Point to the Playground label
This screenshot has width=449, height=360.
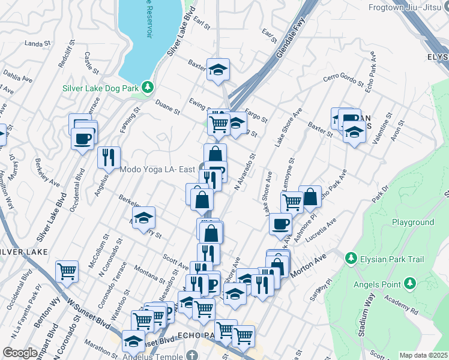click(x=413, y=222)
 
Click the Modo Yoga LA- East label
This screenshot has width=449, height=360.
click(x=157, y=170)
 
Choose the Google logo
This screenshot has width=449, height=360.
click(x=20, y=353)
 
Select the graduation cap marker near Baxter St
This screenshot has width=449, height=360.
click(x=218, y=70)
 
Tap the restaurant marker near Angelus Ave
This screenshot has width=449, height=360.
click(x=109, y=157)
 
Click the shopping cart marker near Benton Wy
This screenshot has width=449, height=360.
click(x=67, y=271)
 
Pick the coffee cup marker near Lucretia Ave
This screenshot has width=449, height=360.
click(x=280, y=224)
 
